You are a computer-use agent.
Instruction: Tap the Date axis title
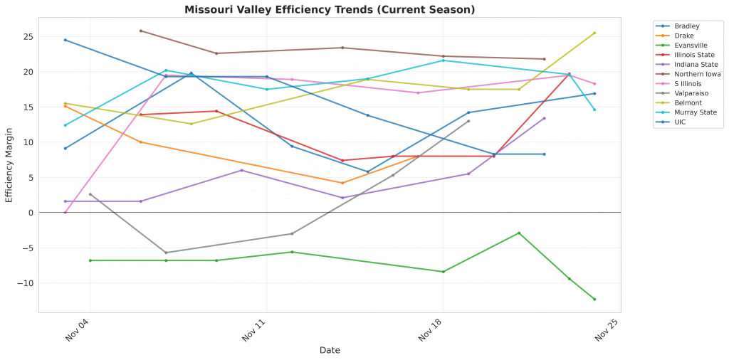[x=330, y=351]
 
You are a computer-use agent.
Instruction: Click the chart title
[x=330, y=10]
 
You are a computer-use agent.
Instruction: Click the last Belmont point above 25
[x=594, y=33]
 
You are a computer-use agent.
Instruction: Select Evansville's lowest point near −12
[x=594, y=299]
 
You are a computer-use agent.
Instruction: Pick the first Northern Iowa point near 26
[x=141, y=31]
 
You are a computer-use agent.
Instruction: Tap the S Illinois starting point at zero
[x=65, y=212]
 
